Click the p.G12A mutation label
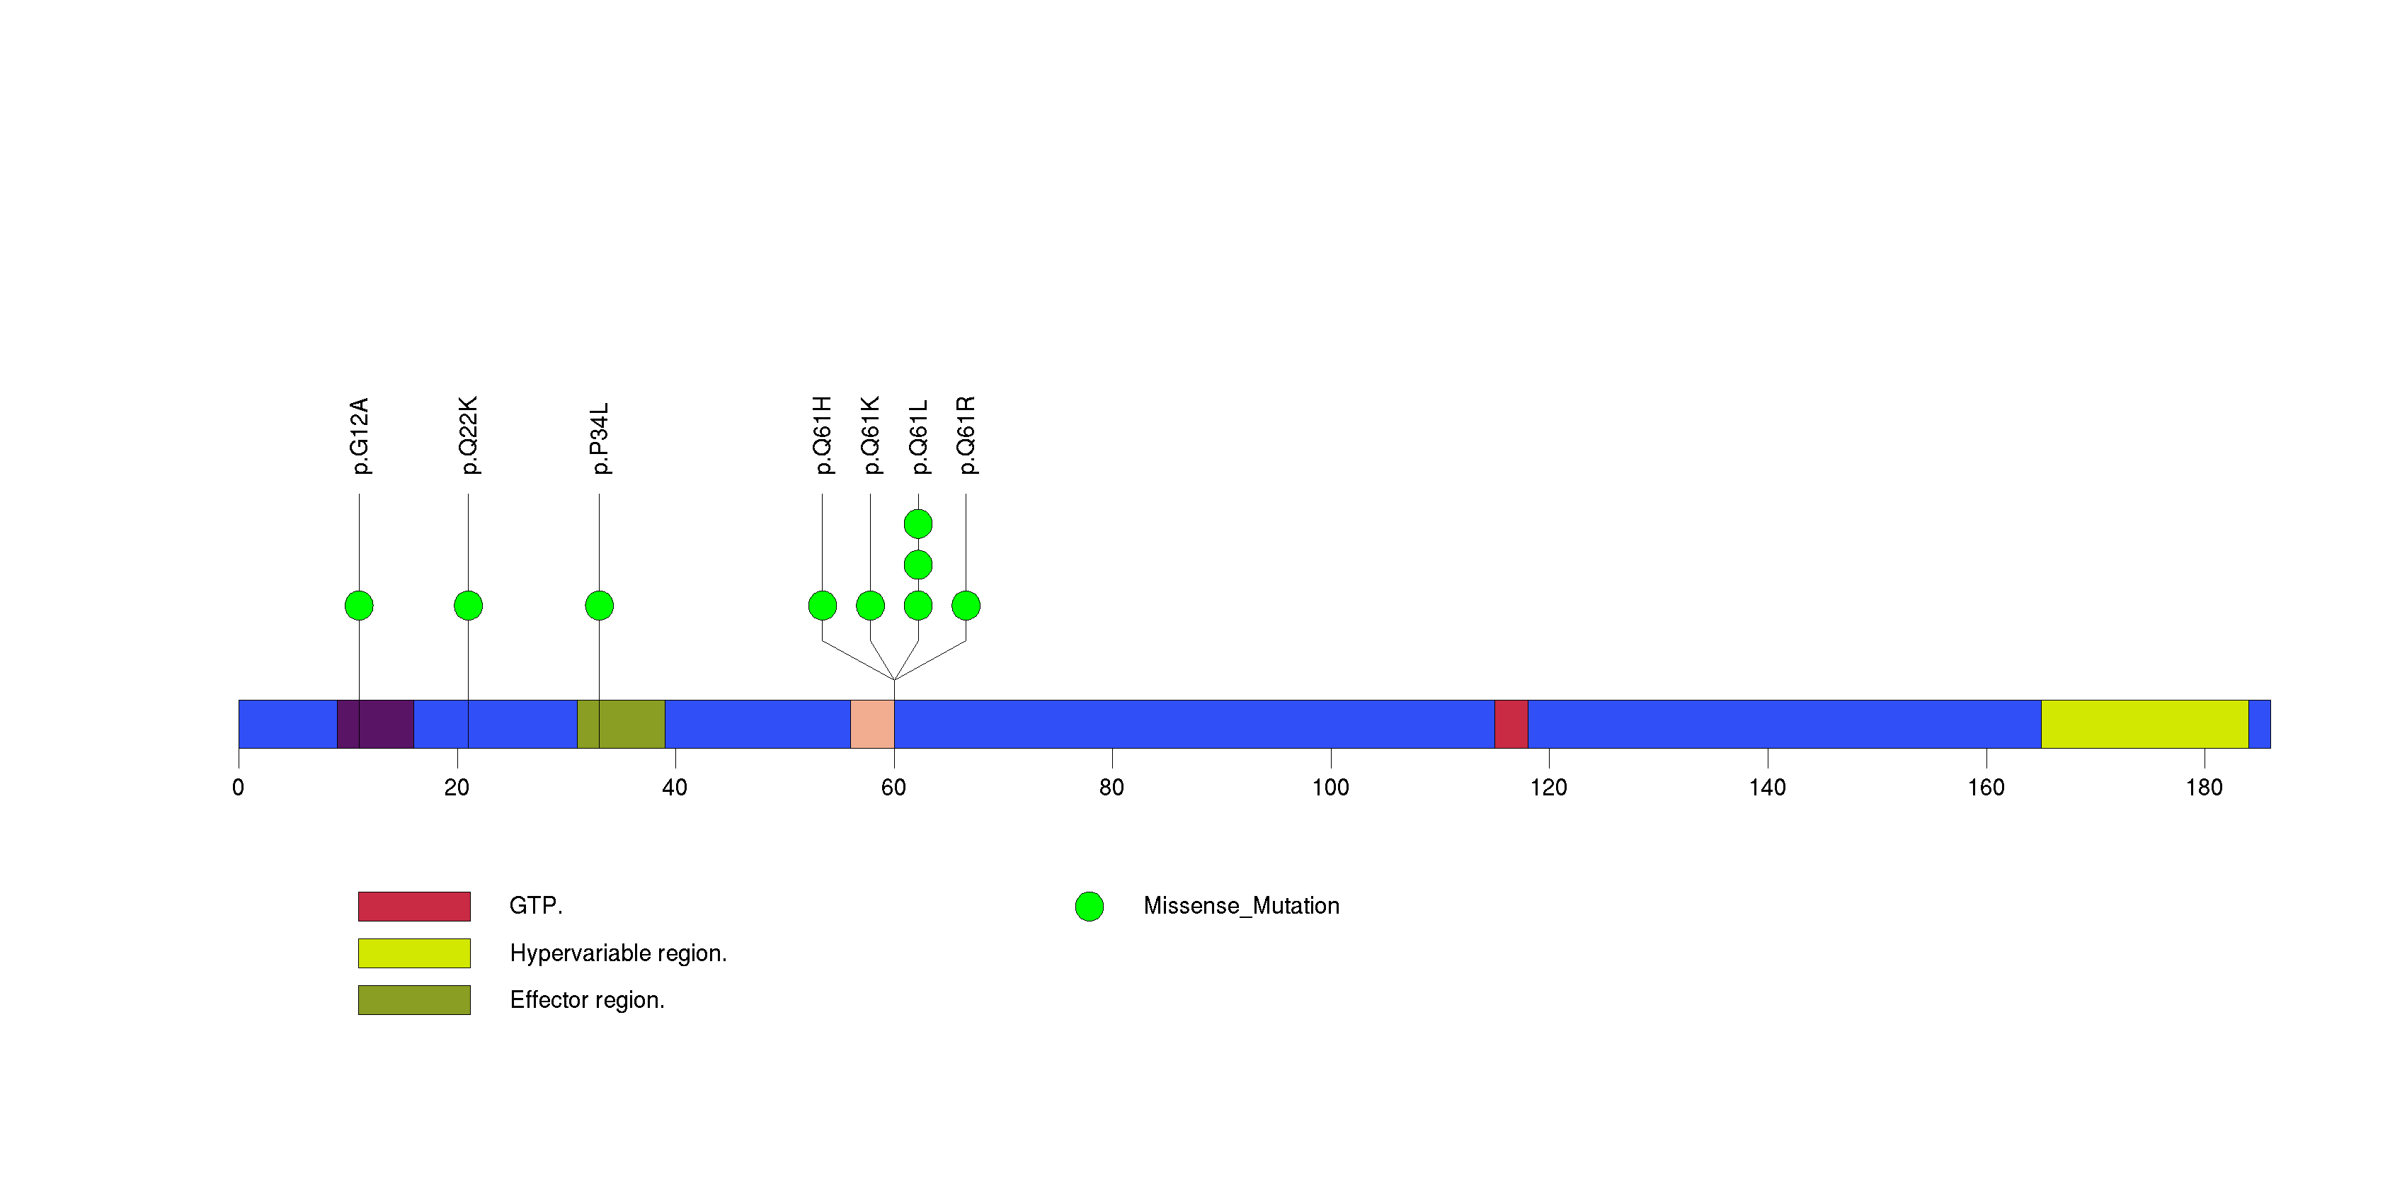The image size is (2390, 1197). click(x=359, y=436)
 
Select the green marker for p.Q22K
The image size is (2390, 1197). click(x=468, y=606)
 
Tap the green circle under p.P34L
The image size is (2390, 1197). click(x=600, y=606)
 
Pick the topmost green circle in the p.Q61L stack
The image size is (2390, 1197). click(x=917, y=524)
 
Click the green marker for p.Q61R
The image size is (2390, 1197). click(x=966, y=606)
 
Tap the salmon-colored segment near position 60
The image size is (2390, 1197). click(x=872, y=724)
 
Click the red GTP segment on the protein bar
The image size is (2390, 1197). click(x=1511, y=724)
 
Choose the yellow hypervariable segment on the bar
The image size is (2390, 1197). click(x=2144, y=724)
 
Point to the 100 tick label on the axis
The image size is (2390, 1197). click(x=1330, y=788)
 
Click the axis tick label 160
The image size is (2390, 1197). click(x=1986, y=788)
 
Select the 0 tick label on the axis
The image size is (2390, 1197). click(x=239, y=788)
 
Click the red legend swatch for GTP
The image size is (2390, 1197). click(x=414, y=906)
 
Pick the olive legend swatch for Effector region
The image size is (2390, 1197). click(x=414, y=999)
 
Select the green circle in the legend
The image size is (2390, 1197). click(x=1090, y=907)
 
